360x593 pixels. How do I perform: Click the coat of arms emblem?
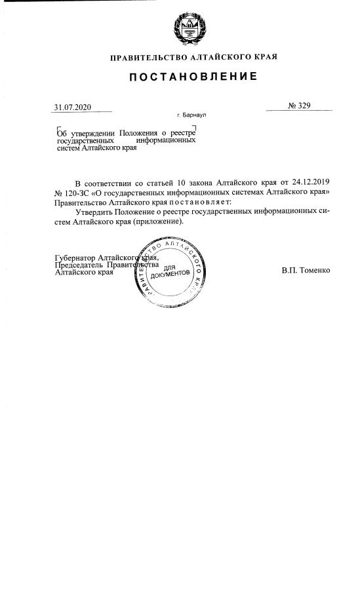pyautogui.click(x=188, y=29)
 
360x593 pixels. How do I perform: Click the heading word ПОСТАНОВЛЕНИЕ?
pyautogui.click(x=192, y=77)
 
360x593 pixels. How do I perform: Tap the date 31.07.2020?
pyautogui.click(x=73, y=107)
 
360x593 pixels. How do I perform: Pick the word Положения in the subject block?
pyautogui.click(x=138, y=133)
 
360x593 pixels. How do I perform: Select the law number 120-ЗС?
pyautogui.click(x=77, y=191)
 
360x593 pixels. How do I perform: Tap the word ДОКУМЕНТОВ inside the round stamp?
pyautogui.click(x=170, y=273)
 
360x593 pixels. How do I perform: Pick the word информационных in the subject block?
pyautogui.click(x=166, y=141)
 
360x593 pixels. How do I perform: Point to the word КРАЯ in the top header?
pyautogui.click(x=266, y=57)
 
